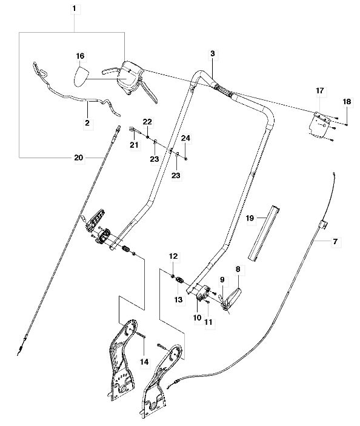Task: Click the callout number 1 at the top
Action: pyautogui.click(x=75, y=8)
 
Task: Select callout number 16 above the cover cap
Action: pyautogui.click(x=80, y=56)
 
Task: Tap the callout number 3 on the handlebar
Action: pyautogui.click(x=213, y=53)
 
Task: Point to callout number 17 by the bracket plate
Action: pyautogui.click(x=320, y=90)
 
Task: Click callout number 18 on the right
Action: pyautogui.click(x=347, y=102)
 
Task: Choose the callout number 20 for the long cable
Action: pyautogui.click(x=79, y=158)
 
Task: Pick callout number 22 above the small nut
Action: pyautogui.click(x=147, y=121)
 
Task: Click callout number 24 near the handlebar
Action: pyautogui.click(x=185, y=138)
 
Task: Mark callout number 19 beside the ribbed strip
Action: pyautogui.click(x=250, y=218)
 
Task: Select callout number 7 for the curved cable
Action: pyautogui.click(x=335, y=241)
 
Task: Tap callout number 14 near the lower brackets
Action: pyautogui.click(x=144, y=362)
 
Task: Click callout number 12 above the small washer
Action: pyautogui.click(x=173, y=256)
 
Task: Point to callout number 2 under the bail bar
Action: pyautogui.click(x=87, y=123)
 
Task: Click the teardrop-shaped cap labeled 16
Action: pyautogui.click(x=81, y=77)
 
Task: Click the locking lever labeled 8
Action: pyautogui.click(x=232, y=298)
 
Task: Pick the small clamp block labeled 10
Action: pyautogui.click(x=202, y=293)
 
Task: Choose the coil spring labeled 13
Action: pyautogui.click(x=179, y=279)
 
